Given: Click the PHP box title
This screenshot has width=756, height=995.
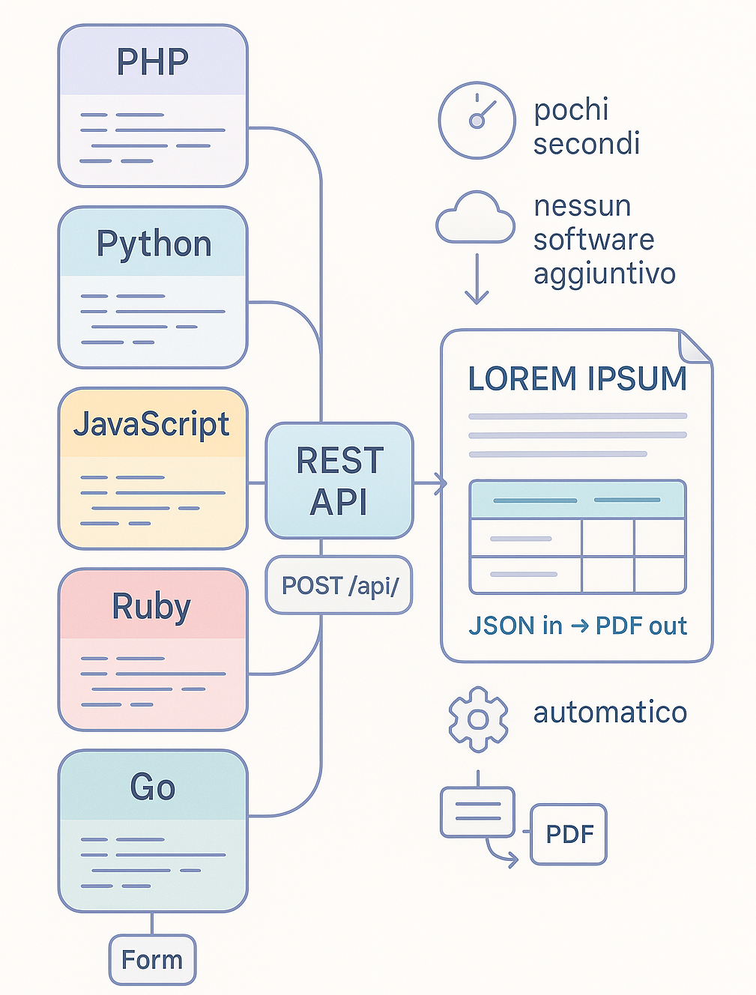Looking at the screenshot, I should coord(153,61).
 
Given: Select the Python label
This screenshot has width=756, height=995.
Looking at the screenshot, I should coord(154,244).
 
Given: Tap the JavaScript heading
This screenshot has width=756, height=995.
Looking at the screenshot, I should coord(152,425).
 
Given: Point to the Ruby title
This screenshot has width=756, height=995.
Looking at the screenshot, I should coord(152,606).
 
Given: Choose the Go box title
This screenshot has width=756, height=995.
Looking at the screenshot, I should coord(153,787).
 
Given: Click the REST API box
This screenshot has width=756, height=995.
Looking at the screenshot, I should coord(339,481).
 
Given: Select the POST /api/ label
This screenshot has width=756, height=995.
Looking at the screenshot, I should coord(339,585).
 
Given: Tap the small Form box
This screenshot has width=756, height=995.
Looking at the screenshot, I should coord(152,960).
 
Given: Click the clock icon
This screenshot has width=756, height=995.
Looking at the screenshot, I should coord(477,120).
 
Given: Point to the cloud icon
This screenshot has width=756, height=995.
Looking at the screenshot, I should coord(475,219).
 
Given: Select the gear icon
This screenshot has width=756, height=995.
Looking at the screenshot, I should coord(478,719).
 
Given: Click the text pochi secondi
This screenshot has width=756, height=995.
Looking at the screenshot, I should coord(586,126).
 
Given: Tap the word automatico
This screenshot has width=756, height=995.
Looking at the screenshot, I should coord(610,712).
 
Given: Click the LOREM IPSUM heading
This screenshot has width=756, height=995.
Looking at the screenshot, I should coord(577,379).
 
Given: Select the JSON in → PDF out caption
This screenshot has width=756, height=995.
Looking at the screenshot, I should coord(577,626).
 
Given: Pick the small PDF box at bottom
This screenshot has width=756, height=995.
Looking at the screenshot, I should coord(569,835).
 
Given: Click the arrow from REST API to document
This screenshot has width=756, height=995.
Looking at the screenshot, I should coord(430,483).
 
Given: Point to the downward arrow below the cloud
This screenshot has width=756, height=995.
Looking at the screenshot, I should coord(477,279).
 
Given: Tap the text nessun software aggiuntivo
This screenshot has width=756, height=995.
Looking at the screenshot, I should coord(604,240).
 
